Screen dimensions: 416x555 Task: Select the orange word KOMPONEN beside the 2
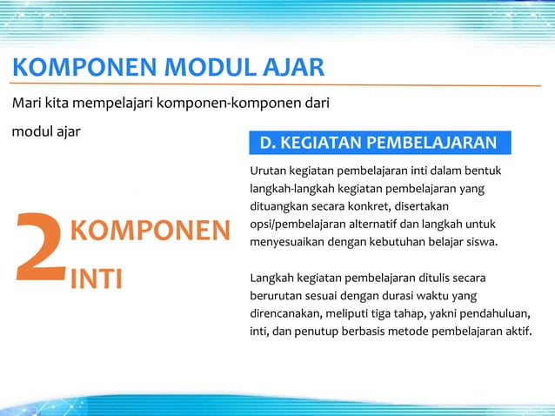149,231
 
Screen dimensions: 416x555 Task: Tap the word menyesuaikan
287,241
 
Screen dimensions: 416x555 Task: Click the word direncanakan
286,313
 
